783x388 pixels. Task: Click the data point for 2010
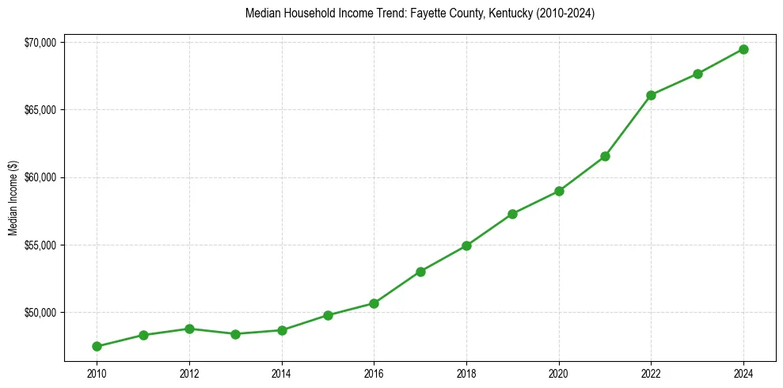[x=97, y=346]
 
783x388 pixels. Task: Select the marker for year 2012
[x=189, y=329]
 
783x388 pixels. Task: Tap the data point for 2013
[x=235, y=334]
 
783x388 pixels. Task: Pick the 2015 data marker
[x=328, y=315]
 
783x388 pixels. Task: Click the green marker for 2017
[x=420, y=272]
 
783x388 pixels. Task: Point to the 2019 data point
[x=513, y=214]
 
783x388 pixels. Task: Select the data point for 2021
[x=605, y=156]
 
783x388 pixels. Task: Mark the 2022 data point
[x=651, y=95]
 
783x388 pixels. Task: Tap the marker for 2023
[x=697, y=74]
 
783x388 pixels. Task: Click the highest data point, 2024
[x=743, y=49]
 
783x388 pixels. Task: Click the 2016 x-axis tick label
[x=374, y=373]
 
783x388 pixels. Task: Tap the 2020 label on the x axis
[x=559, y=373]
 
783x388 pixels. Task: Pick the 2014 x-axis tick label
[x=281, y=373]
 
